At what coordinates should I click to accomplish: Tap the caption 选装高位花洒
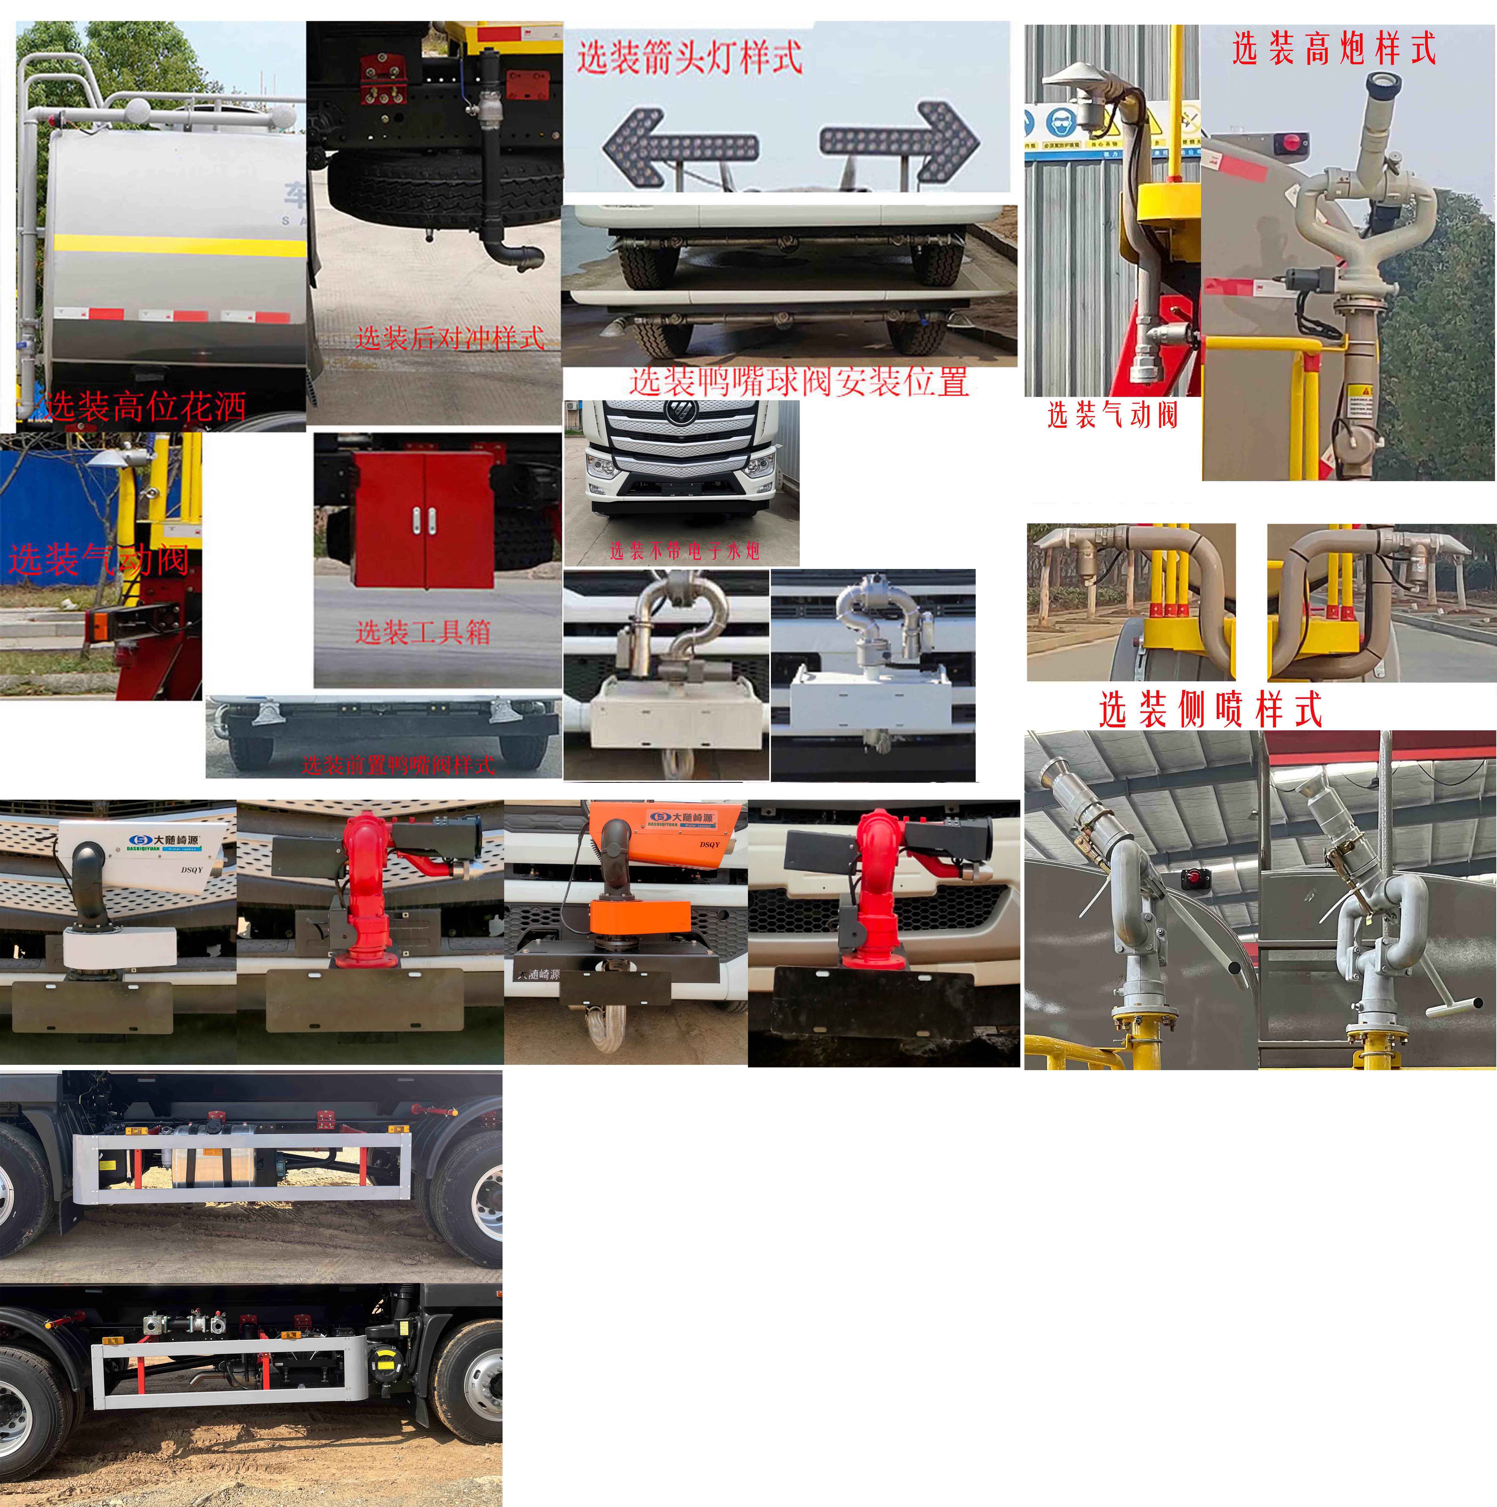point(146,406)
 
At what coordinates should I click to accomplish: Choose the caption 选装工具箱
point(423,632)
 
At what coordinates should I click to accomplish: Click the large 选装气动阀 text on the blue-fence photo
point(99,560)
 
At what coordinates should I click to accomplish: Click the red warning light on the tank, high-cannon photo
point(1290,143)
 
